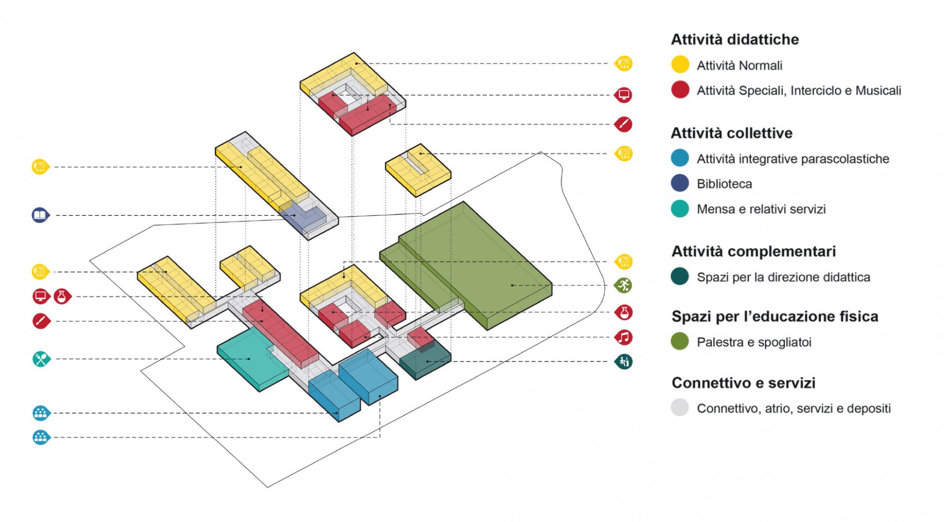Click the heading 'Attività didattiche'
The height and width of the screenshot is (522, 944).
735,39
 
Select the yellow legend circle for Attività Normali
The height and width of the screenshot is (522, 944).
680,65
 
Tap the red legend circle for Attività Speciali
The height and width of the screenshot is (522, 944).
680,90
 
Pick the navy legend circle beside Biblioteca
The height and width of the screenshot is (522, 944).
680,183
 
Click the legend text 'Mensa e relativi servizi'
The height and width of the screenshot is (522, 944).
761,209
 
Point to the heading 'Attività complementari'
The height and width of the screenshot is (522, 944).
753,251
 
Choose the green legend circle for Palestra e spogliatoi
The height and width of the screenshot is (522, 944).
680,342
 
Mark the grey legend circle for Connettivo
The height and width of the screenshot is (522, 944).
680,407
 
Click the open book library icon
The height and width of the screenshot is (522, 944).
40,215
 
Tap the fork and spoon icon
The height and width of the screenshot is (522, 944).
41,359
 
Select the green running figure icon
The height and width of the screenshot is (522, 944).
624,285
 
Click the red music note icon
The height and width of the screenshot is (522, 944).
624,338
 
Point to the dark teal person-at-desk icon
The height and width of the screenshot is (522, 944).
624,362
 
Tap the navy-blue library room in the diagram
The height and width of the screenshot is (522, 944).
305,219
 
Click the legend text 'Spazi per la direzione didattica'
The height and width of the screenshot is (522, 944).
783,277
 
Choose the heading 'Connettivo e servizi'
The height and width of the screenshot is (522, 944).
743,382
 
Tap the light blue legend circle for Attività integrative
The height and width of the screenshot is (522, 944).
680,158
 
